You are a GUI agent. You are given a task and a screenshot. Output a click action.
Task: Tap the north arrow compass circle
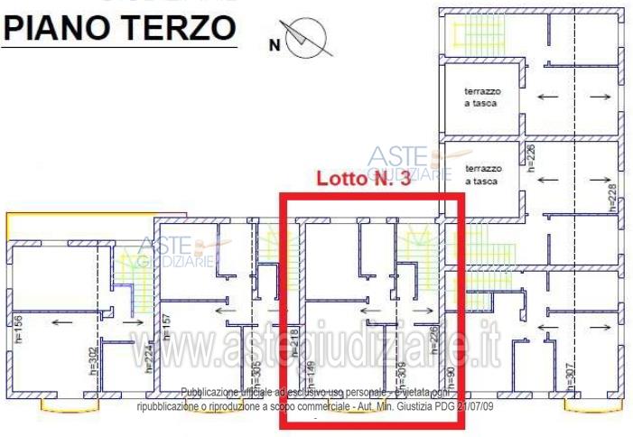coord(310,38)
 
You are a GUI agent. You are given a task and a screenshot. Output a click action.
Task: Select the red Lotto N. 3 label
coord(363,179)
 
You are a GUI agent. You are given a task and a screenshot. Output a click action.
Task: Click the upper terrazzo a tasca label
coord(481,98)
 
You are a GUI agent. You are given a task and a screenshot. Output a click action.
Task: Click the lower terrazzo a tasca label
coord(481,174)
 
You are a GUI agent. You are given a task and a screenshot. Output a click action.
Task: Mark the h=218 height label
coord(295,344)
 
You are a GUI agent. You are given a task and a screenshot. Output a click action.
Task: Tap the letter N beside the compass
coord(275,42)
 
